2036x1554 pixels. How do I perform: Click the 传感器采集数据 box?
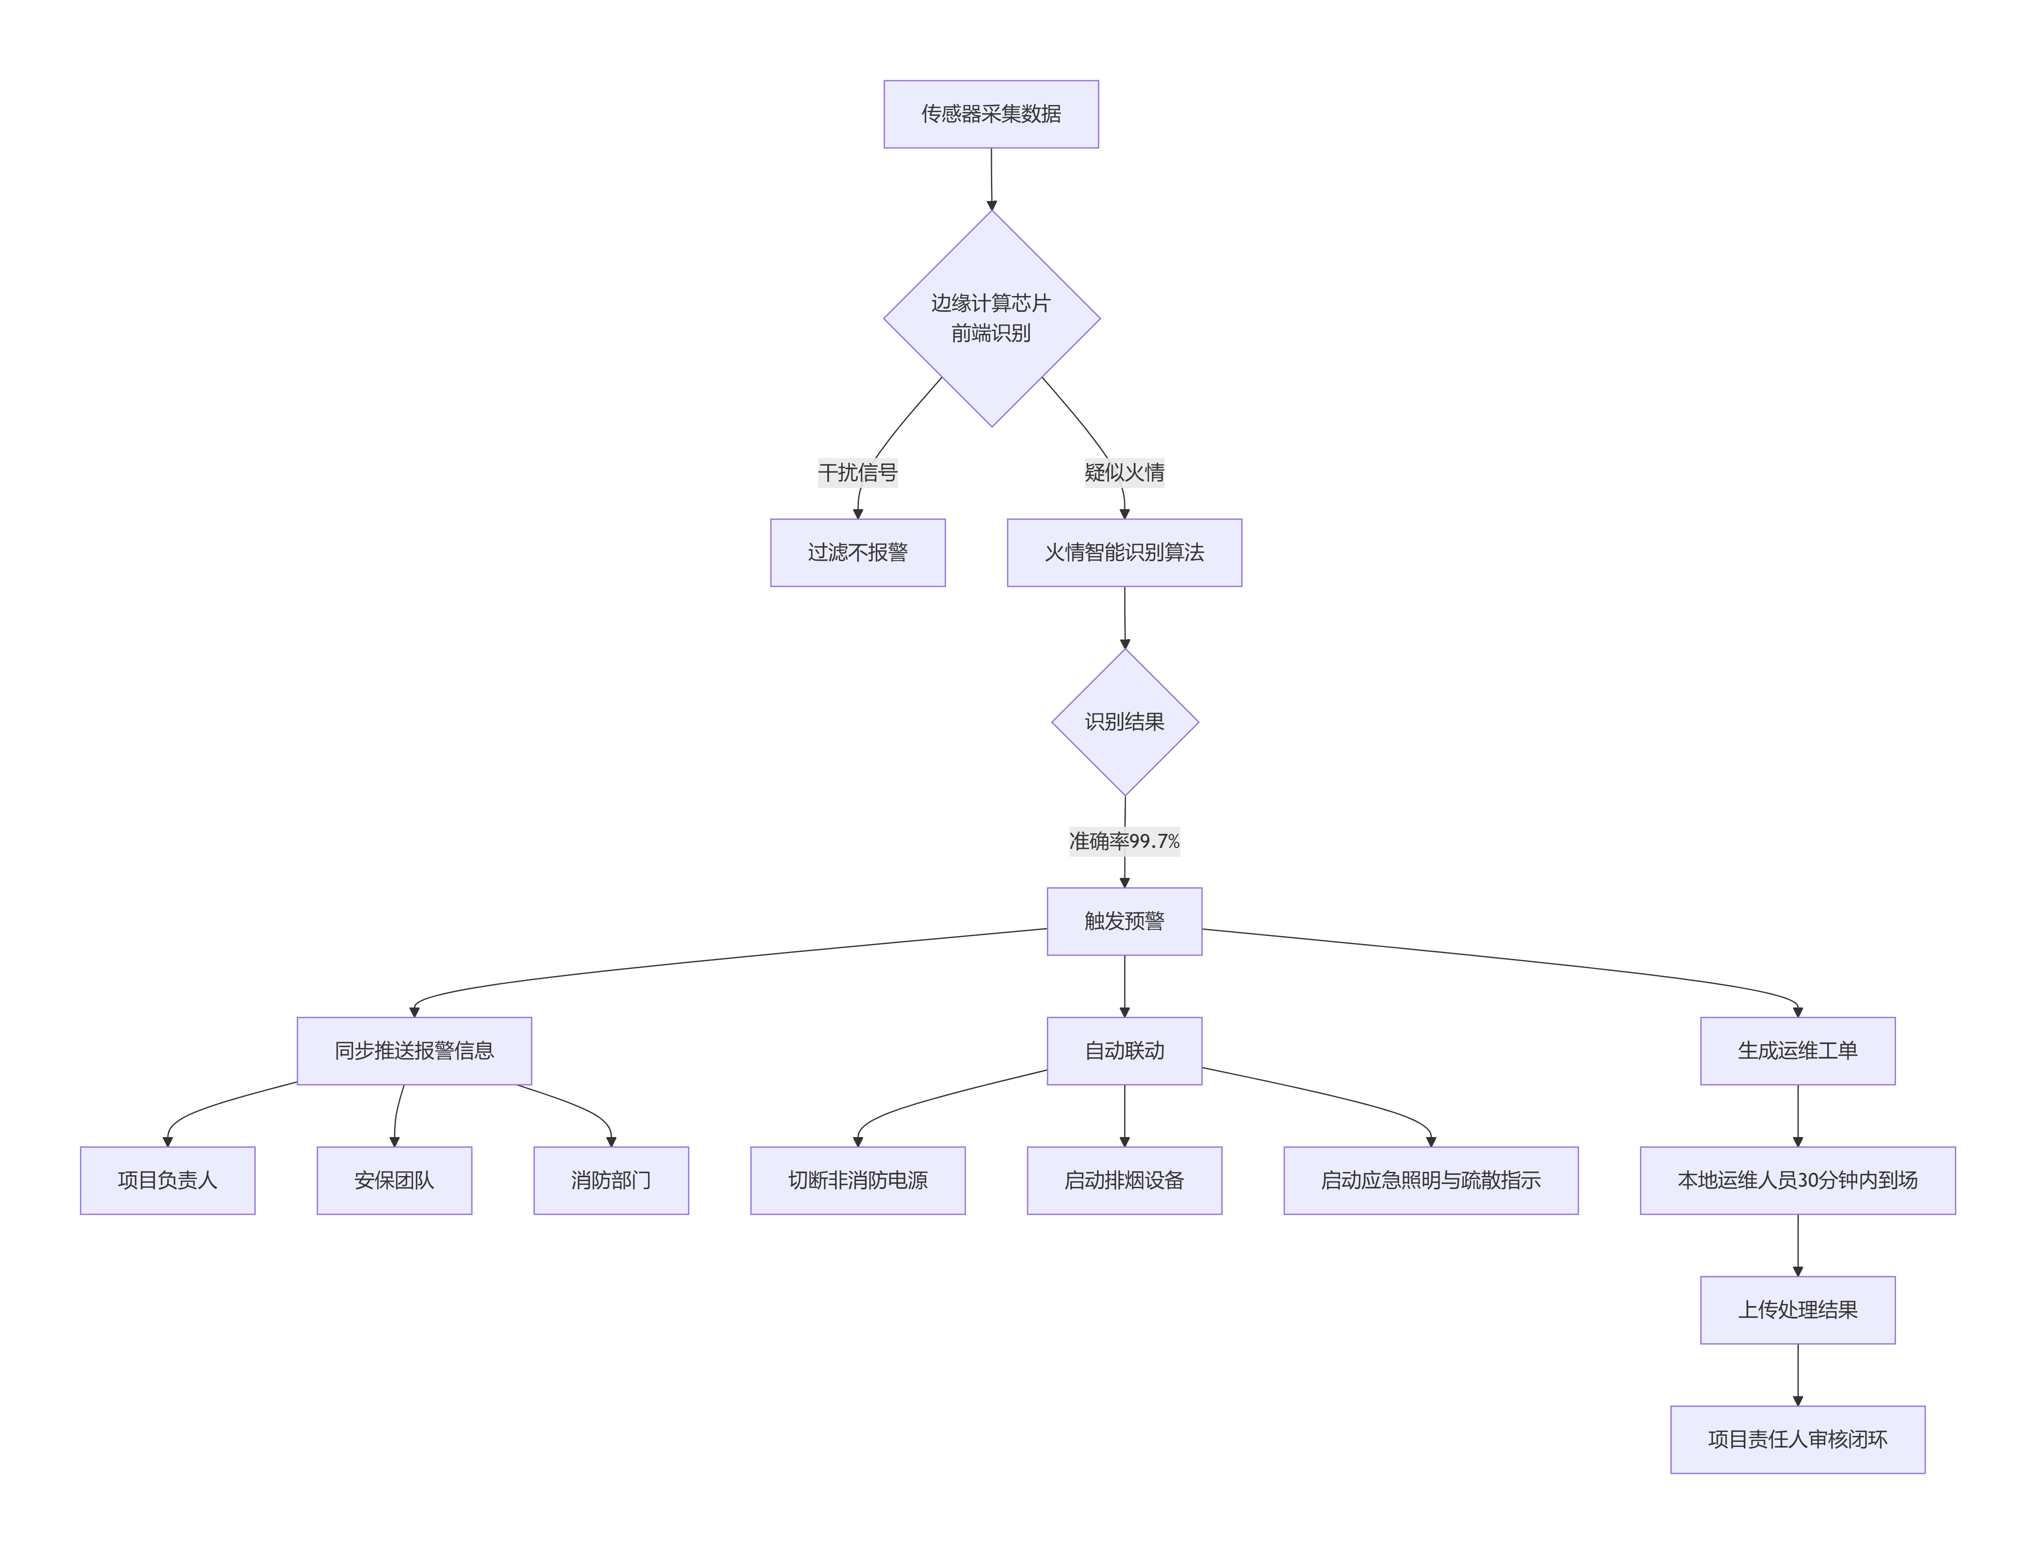coord(991,114)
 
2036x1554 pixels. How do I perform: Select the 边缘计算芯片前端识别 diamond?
coord(992,318)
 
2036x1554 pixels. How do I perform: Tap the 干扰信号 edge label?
coord(858,473)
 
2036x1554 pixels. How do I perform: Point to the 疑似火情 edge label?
coord(1124,473)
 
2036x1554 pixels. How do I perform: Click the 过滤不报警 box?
coord(858,552)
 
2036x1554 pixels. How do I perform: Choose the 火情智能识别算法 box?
coord(1124,552)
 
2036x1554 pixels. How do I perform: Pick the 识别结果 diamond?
coord(1125,721)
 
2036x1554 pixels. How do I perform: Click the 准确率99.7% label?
coord(1124,841)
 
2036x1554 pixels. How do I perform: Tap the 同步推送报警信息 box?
coord(415,1051)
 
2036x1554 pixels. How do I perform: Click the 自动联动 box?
coord(1124,1051)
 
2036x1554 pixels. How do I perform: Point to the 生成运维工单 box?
coord(1797,1051)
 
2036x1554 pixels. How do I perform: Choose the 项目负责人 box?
coord(167,1180)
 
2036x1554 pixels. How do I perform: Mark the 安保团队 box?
coord(394,1180)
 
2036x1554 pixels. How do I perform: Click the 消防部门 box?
coord(611,1180)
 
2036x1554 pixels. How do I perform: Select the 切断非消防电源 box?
coord(858,1180)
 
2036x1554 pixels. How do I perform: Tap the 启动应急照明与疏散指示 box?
coord(1430,1180)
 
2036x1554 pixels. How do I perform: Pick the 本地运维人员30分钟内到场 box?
coord(1797,1180)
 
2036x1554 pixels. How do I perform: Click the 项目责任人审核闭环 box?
coord(1797,1439)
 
